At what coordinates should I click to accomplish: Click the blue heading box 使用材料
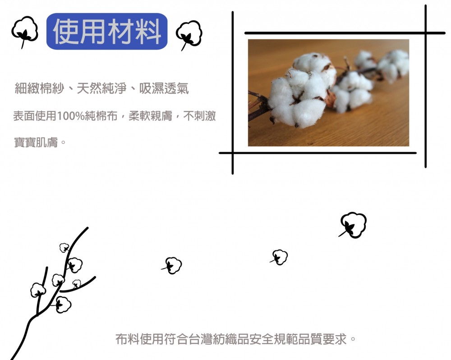pyautogui.click(x=107, y=32)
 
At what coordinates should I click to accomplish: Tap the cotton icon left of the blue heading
pyautogui.click(x=25, y=32)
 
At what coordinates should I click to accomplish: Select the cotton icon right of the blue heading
pyautogui.click(x=189, y=35)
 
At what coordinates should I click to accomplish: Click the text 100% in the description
pyautogui.click(x=70, y=116)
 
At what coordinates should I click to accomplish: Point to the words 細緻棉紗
pyautogui.click(x=39, y=88)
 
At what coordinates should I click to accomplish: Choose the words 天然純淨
pyautogui.click(x=101, y=88)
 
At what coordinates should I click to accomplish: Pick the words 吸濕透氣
pyautogui.click(x=164, y=88)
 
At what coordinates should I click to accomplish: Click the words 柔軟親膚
pyautogui.click(x=151, y=116)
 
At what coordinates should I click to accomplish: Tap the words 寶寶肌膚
pyautogui.click(x=36, y=142)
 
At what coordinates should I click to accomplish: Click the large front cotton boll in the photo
pyautogui.click(x=299, y=100)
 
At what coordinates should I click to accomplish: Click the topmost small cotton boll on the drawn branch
pyautogui.click(x=64, y=247)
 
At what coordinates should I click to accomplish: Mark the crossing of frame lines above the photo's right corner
pyautogui.click(x=425, y=33)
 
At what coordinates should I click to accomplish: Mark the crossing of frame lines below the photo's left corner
pyautogui.click(x=232, y=153)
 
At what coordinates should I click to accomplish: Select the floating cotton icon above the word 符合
pyautogui.click(x=172, y=265)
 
